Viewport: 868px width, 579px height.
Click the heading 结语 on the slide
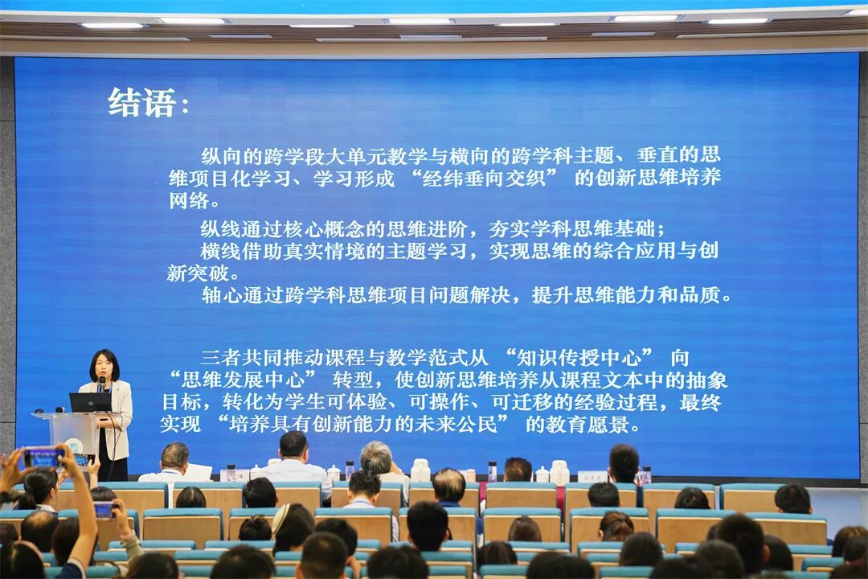(x=143, y=103)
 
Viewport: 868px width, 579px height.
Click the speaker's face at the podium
(x=104, y=366)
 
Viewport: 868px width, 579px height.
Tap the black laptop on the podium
(x=90, y=402)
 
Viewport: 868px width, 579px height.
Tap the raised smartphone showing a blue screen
(x=43, y=458)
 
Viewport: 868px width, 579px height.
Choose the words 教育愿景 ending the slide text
(x=602, y=425)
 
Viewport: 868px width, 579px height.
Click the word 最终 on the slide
(x=700, y=402)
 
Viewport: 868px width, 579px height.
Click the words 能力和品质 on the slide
(x=678, y=295)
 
